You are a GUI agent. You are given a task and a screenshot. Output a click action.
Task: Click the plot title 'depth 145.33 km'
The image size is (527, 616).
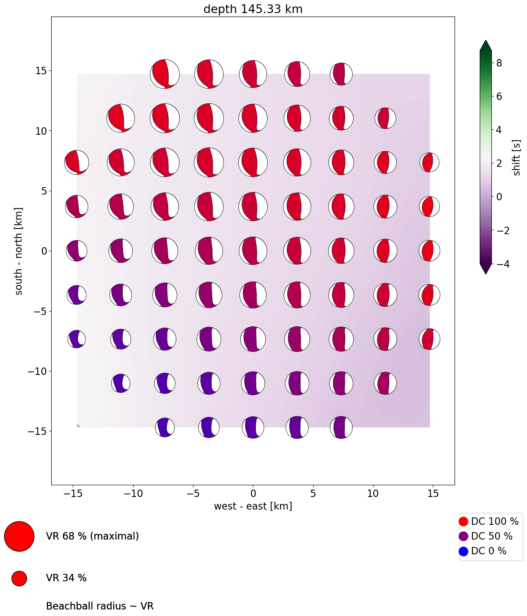(253, 9)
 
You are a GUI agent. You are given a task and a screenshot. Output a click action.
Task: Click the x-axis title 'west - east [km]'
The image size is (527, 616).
(253, 506)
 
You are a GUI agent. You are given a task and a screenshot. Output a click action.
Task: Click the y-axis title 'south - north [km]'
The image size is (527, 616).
(19, 251)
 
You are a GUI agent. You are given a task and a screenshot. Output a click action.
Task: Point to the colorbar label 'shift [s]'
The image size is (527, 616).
(516, 158)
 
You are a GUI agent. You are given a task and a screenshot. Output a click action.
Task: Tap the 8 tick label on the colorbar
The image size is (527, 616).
(499, 63)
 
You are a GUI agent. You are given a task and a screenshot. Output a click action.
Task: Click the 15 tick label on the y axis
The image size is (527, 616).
(42, 70)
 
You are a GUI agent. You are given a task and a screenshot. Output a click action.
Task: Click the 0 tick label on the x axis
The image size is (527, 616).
(253, 493)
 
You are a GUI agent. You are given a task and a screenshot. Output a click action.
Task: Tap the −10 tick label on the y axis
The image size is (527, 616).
(38, 371)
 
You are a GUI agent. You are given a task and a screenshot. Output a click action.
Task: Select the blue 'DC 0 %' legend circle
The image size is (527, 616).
(463, 551)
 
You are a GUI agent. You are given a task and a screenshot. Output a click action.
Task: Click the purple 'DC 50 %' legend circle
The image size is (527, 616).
(463, 536)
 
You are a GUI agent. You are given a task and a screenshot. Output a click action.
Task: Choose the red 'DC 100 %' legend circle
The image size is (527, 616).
(463, 521)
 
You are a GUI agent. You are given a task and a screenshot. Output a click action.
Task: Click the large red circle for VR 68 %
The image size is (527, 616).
(19, 536)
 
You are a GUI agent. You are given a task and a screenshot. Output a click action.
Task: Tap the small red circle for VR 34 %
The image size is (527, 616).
(19, 578)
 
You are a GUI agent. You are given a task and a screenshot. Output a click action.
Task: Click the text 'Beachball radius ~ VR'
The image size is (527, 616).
(100, 606)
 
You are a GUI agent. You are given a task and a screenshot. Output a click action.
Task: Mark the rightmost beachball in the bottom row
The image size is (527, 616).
(341, 427)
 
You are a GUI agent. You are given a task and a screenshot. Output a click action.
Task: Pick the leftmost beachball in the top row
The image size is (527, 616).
(165, 74)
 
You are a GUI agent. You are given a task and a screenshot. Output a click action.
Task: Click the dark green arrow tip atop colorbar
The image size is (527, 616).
(485, 44)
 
